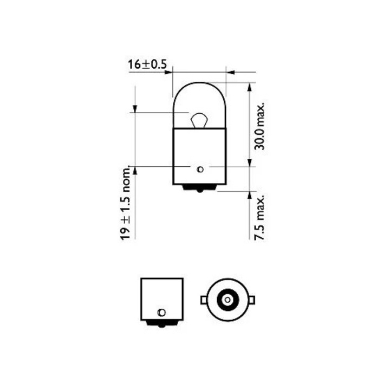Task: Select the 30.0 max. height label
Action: point(259,125)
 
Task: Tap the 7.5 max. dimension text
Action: point(259,217)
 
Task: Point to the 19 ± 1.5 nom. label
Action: point(126,202)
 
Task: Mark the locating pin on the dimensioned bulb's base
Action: point(200,168)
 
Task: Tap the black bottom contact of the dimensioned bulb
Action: point(199,187)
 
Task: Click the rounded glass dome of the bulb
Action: point(199,97)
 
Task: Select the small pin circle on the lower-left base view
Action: point(161,312)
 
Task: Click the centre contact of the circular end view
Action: point(225,298)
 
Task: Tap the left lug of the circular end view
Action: point(203,298)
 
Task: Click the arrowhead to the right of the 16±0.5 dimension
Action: point(231,71)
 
